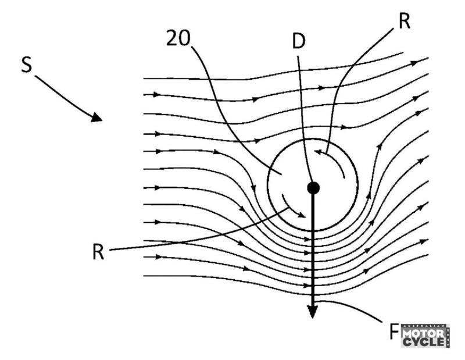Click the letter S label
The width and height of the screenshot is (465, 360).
pyautogui.click(x=26, y=65)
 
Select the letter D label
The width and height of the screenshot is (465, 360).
pyautogui.click(x=299, y=42)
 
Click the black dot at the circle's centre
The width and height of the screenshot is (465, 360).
pyautogui.click(x=313, y=187)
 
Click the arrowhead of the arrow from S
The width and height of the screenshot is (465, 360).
pyautogui.click(x=96, y=117)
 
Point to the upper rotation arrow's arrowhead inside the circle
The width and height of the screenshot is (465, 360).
pyautogui.click(x=318, y=152)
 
